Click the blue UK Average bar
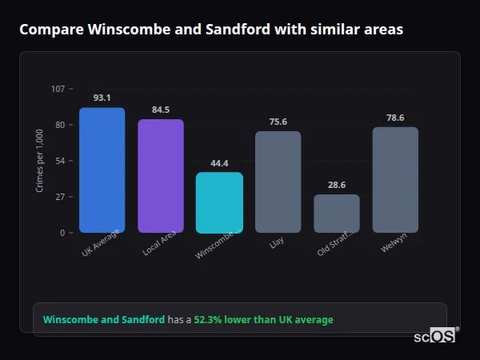coord(102,170)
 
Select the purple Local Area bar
coord(161,176)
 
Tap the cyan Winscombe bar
coord(219,202)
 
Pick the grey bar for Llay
coord(278,182)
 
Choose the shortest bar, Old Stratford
coord(337,214)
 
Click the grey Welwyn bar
coord(395,179)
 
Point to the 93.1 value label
coord(102,98)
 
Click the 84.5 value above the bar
coord(161,110)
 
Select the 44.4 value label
coord(219,163)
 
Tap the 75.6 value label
coord(278,122)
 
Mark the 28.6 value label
coord(337,185)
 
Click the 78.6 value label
coord(395,118)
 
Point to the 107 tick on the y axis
coord(58,89)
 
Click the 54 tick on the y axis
coord(60,161)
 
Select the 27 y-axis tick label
coord(60,197)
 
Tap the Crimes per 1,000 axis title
coord(39,161)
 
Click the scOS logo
coord(434,337)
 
